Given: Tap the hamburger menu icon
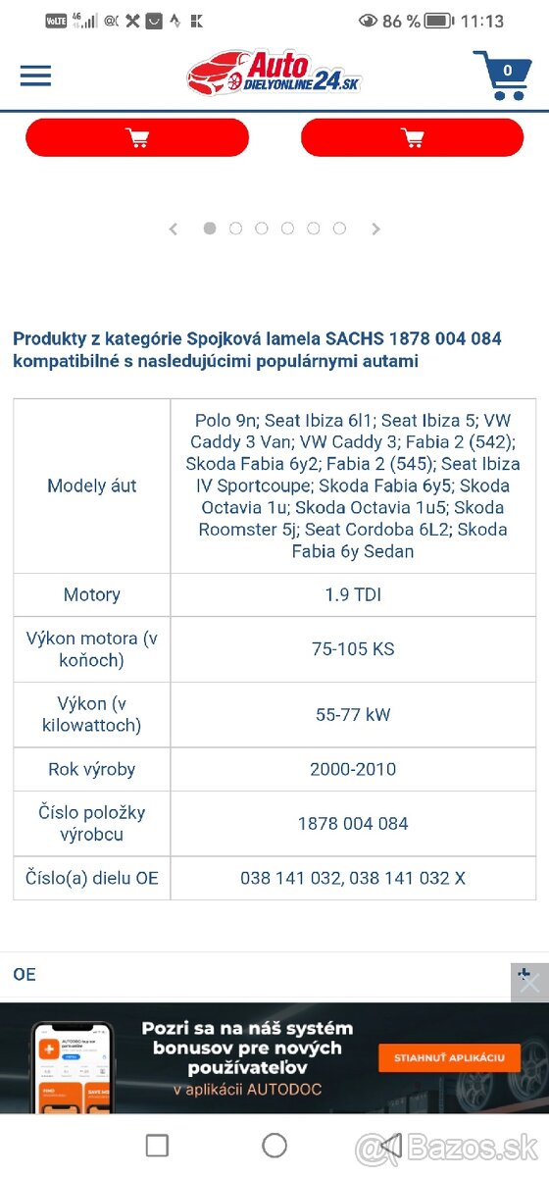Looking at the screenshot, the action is [x=35, y=76].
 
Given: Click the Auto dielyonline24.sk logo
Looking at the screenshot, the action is [x=274, y=75].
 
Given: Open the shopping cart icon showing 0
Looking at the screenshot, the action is [x=501, y=75].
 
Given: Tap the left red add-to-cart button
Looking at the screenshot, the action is [x=137, y=138].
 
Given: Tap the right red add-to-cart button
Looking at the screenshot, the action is [x=412, y=138].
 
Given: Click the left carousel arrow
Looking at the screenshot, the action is [x=174, y=229].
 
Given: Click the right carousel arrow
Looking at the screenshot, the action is [x=375, y=229].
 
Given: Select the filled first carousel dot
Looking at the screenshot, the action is [x=210, y=228].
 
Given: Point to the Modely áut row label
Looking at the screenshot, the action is [x=92, y=486].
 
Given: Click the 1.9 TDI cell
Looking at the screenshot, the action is [x=353, y=594].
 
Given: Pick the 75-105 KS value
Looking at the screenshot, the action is [x=353, y=649].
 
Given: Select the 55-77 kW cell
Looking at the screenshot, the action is [x=353, y=715].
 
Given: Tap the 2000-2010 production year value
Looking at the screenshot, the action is [x=353, y=769].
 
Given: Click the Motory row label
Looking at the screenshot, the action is [x=92, y=594].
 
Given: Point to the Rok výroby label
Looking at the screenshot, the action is [x=92, y=769].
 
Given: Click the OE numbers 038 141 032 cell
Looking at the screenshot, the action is [x=353, y=878].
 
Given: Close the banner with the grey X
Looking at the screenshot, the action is [x=529, y=982].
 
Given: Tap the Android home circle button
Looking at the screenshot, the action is [x=274, y=1145].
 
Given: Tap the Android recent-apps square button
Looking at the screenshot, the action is [x=157, y=1145].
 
